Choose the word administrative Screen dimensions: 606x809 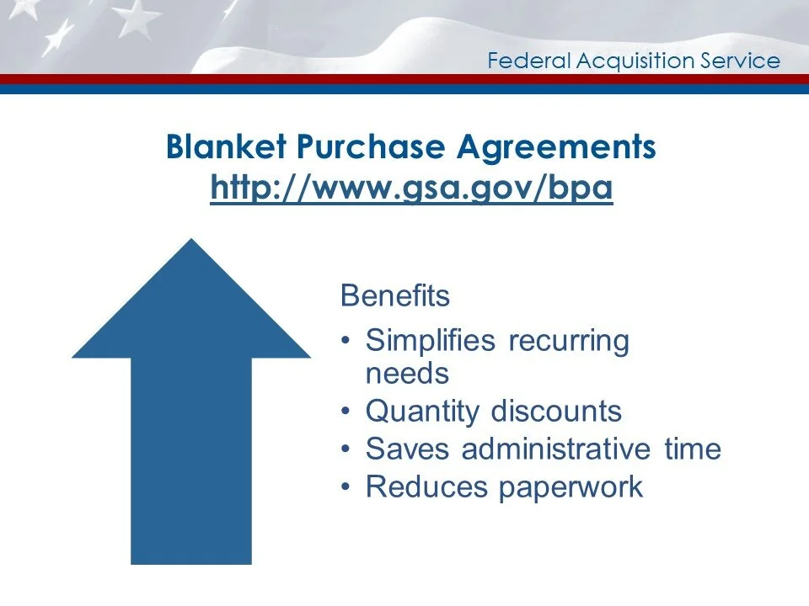pyautogui.click(x=556, y=449)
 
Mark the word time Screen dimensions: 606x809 pyautogui.click(x=692, y=449)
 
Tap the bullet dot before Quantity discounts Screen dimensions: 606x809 pyautogui.click(x=348, y=412)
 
